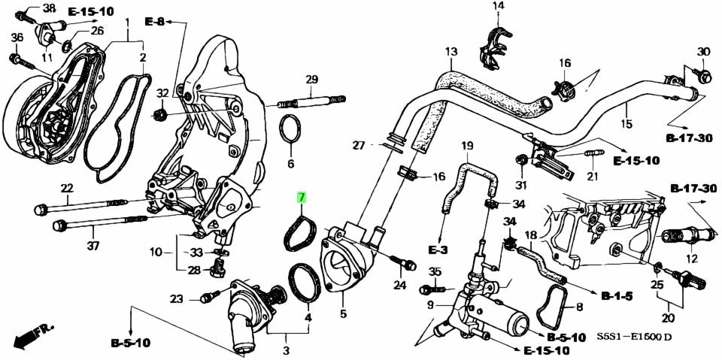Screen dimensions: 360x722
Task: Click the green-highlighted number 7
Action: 301,199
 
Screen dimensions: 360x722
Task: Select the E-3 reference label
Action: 438,249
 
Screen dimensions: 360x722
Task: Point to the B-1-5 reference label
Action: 617,296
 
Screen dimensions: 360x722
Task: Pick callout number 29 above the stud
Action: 311,80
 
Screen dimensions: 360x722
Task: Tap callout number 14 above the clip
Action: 498,7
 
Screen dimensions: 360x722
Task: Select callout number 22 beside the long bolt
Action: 67,188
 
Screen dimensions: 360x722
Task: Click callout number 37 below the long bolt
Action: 93,246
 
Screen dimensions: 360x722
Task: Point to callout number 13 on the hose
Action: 450,52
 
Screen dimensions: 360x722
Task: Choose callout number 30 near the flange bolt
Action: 703,51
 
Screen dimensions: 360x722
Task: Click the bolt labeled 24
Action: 407,265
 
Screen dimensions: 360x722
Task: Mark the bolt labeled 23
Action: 206,298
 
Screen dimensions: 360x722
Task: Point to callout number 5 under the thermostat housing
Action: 343,315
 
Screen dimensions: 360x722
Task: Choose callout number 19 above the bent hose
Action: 467,145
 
